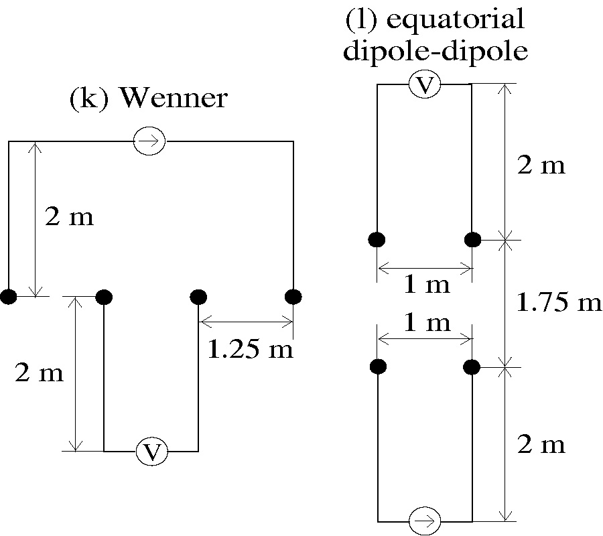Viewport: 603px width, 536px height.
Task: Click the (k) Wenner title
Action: point(148,99)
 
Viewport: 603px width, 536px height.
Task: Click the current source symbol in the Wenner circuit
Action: point(149,141)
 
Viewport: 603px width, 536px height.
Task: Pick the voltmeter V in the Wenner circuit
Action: point(153,452)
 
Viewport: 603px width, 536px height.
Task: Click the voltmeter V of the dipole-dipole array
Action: point(425,85)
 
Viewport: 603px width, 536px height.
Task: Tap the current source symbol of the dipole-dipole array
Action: point(425,520)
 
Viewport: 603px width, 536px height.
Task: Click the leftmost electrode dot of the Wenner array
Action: point(8,297)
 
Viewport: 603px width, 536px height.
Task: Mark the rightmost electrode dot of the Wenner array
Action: point(293,296)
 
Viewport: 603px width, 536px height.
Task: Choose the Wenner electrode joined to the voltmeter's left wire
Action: point(104,296)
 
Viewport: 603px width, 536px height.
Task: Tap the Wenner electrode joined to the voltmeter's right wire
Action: point(198,296)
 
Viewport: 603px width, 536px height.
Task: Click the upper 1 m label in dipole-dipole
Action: point(426,285)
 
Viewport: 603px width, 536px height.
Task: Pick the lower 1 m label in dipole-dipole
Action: point(426,324)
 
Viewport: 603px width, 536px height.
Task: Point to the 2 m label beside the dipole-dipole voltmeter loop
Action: point(541,165)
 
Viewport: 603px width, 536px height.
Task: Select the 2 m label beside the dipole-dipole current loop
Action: point(541,445)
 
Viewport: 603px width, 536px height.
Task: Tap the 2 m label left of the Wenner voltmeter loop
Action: point(39,373)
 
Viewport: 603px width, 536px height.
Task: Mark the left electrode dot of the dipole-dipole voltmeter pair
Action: point(377,239)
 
